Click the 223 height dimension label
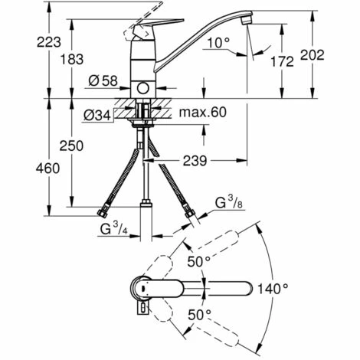coord(49,42)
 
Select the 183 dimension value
coord(72,60)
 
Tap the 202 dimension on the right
coord(312,55)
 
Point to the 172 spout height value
coord(282,61)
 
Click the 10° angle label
coord(218,43)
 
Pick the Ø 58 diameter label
coord(103,81)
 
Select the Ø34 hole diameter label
coord(97,116)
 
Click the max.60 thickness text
coord(203,112)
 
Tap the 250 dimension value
coord(71,146)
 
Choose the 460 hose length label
coord(47,169)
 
